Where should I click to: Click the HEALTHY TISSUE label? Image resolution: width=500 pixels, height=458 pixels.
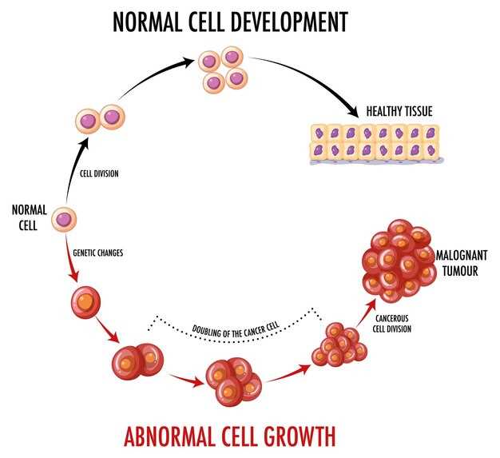tap(399, 111)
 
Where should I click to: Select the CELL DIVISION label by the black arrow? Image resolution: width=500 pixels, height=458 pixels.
tap(99, 173)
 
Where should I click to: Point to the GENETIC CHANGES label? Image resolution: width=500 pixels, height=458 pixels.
tap(98, 253)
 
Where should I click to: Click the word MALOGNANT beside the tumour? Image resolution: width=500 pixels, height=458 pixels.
tap(462, 255)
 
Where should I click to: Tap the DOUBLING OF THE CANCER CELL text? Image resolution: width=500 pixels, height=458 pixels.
tap(236, 330)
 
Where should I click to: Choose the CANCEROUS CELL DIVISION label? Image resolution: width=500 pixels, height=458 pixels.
tap(392, 324)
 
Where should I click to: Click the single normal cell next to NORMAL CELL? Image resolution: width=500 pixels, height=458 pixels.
tap(64, 219)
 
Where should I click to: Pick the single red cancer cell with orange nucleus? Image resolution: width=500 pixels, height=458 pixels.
tap(85, 302)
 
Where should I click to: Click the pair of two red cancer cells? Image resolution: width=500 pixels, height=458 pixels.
tap(137, 361)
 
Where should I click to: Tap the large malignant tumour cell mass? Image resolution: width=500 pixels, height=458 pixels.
tap(399, 261)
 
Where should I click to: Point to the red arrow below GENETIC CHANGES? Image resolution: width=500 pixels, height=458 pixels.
tap(71, 259)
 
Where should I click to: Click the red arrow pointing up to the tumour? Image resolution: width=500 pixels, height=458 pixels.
tap(366, 313)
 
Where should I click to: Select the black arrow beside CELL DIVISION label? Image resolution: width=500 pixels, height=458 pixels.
tap(74, 169)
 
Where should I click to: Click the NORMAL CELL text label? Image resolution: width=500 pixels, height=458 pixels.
tap(29, 218)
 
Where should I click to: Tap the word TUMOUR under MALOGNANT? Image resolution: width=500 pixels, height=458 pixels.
tap(460, 271)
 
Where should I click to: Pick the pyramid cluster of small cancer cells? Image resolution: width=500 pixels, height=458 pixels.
tap(339, 344)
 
